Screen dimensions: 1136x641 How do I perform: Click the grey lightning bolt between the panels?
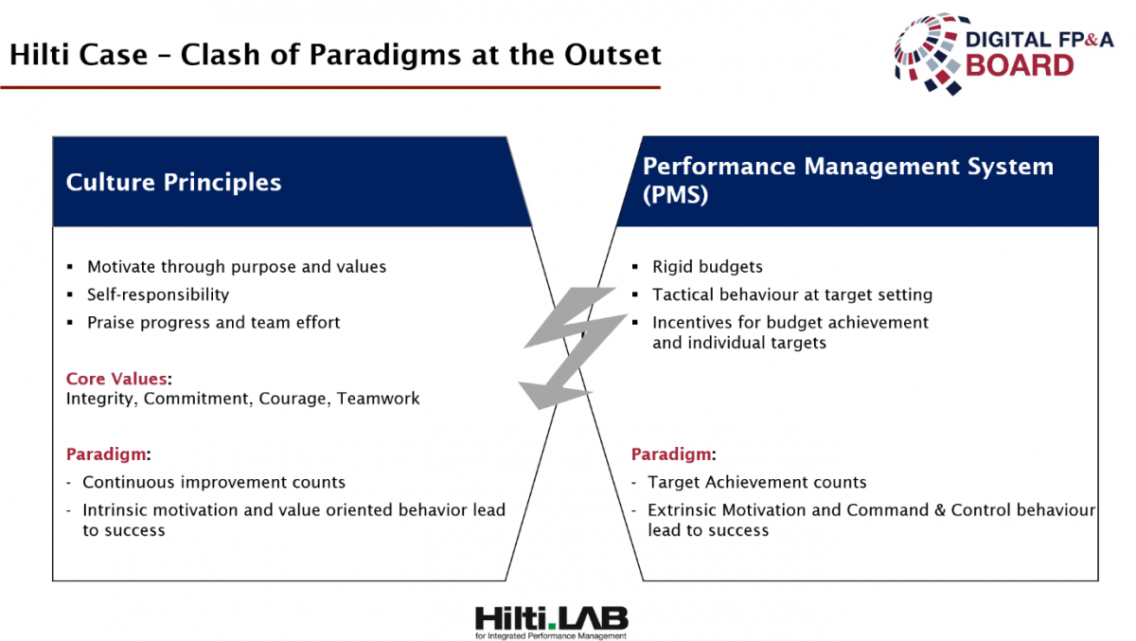click(572, 350)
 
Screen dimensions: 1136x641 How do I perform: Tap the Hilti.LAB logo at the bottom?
click(551, 622)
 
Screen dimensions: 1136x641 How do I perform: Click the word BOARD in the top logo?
click(1020, 66)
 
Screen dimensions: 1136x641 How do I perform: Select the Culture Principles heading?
click(173, 183)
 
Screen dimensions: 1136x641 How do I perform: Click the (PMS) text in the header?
click(675, 194)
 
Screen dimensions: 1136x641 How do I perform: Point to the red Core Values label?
click(116, 379)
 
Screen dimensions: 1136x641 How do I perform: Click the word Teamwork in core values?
click(379, 399)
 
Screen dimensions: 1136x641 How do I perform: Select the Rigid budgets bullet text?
click(707, 267)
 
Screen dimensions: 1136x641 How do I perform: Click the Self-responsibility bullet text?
click(158, 294)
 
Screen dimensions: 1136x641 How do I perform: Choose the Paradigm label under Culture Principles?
click(106, 454)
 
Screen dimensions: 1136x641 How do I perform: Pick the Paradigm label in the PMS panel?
click(671, 454)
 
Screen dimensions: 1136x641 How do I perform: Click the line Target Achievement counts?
click(757, 482)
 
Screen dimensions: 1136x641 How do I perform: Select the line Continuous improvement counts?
click(214, 482)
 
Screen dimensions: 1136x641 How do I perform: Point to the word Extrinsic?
click(683, 510)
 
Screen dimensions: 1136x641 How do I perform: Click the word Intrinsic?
click(115, 510)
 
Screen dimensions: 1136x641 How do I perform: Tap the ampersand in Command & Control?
click(940, 510)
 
